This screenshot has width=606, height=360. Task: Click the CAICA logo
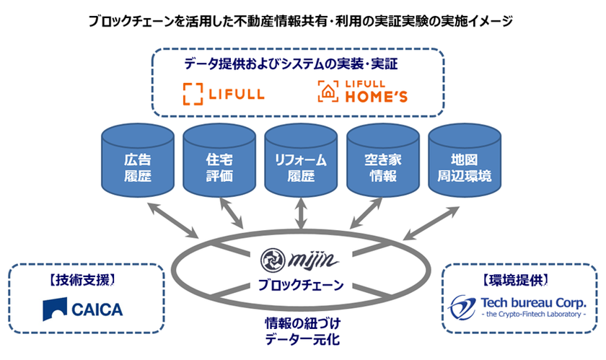pyautogui.click(x=82, y=309)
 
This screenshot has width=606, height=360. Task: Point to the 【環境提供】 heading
pyautogui.click(x=518, y=277)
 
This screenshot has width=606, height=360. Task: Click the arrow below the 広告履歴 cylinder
pyautogui.click(x=172, y=220)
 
